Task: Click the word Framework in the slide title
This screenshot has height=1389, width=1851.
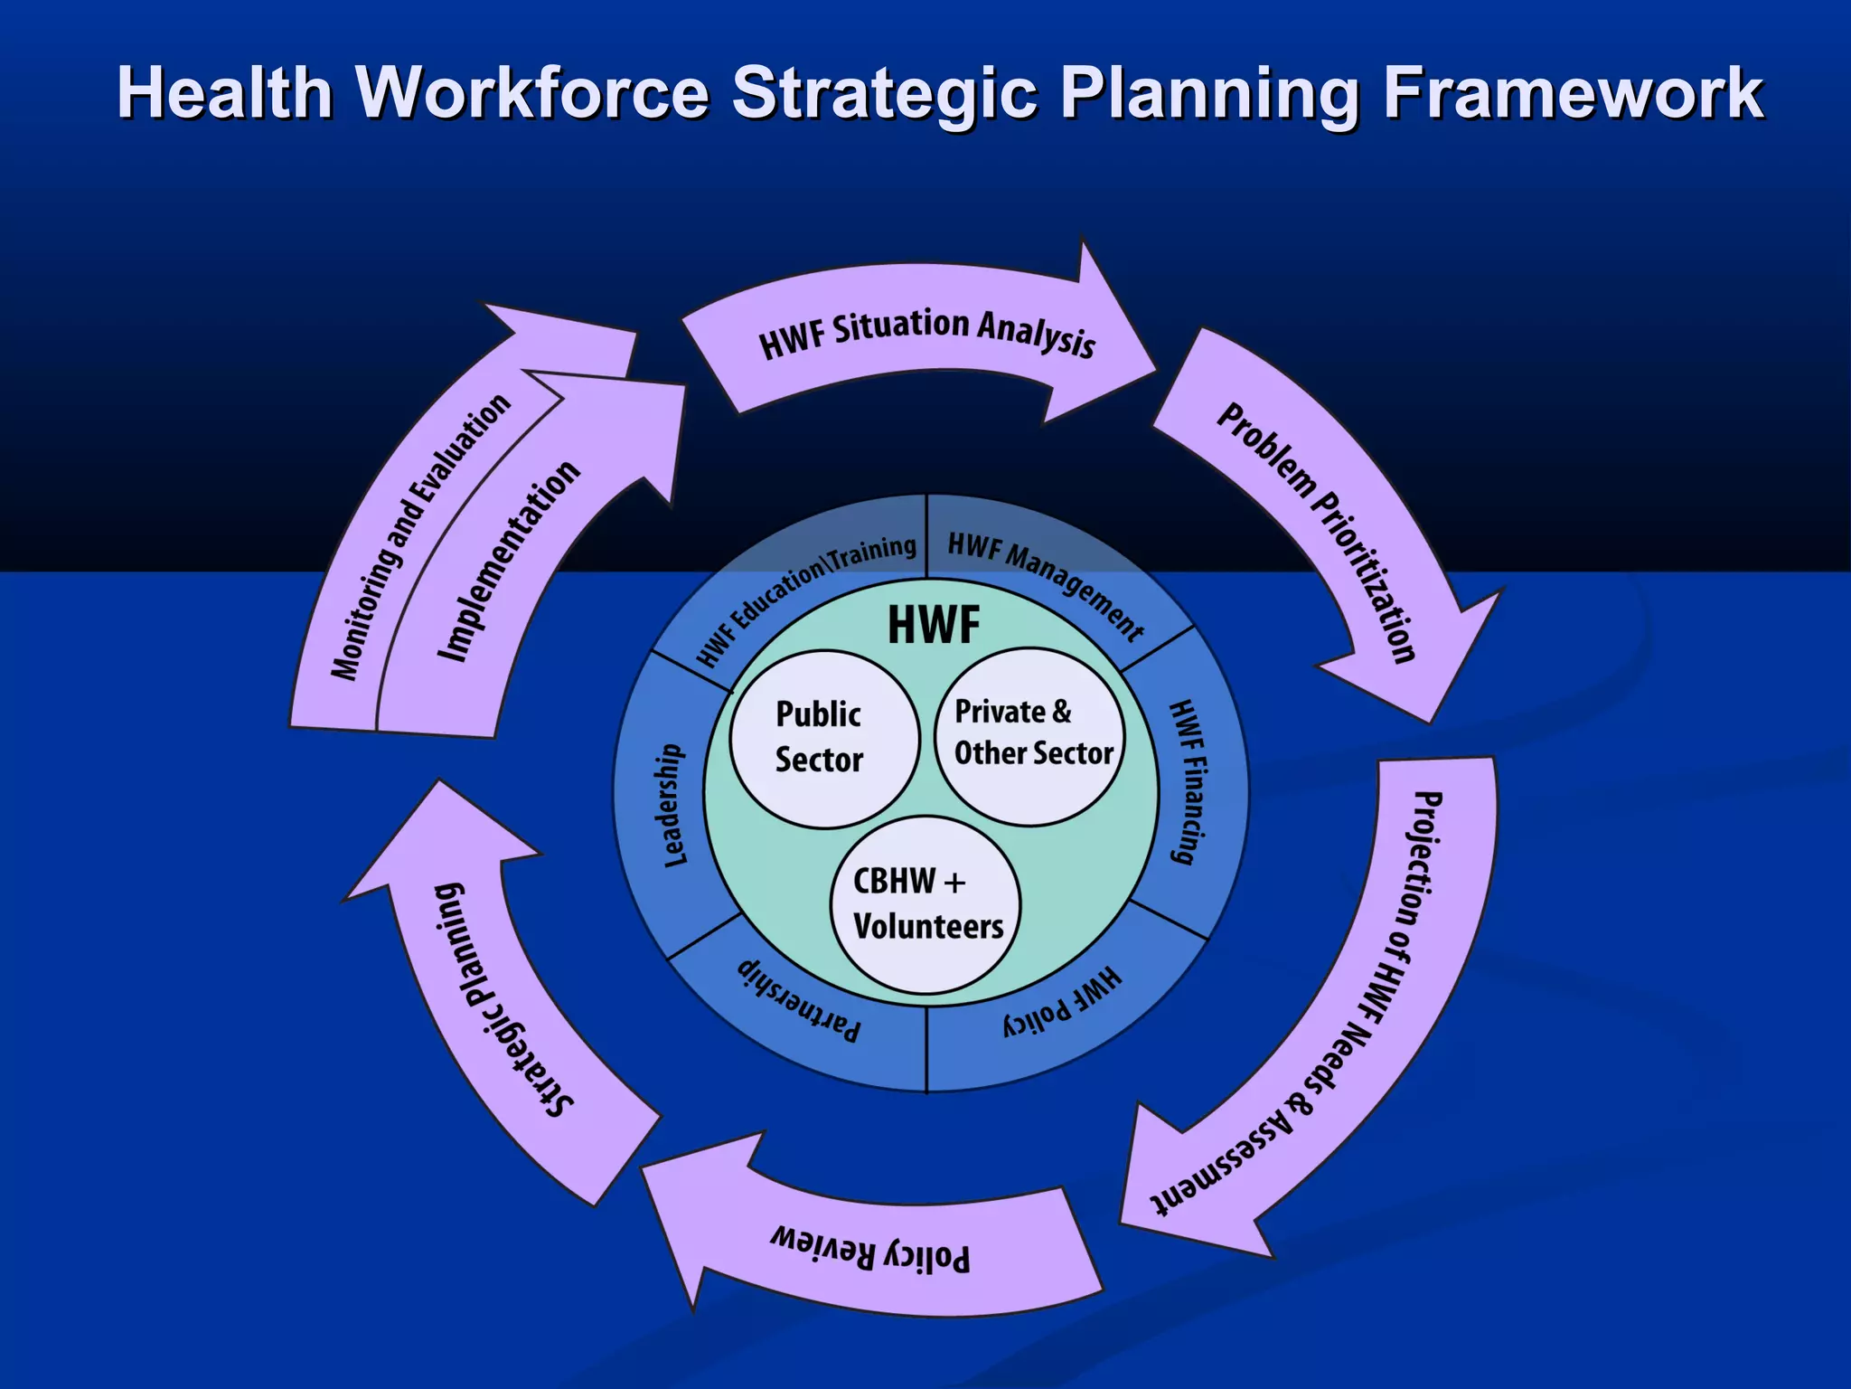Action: [1573, 93]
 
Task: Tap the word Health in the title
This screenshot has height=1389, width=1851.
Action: [225, 93]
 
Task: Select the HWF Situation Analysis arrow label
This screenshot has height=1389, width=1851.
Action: [926, 332]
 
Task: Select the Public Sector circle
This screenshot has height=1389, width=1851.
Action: [823, 738]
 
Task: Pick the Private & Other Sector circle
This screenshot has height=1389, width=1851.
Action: [1033, 734]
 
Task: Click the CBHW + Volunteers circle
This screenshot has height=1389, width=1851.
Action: [925, 904]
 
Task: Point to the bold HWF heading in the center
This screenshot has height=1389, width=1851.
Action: [934, 625]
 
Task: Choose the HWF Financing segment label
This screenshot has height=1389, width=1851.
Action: [1188, 782]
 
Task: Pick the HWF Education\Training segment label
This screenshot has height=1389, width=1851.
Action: [805, 598]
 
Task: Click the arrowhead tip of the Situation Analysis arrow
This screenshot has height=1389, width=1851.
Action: [1155, 371]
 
